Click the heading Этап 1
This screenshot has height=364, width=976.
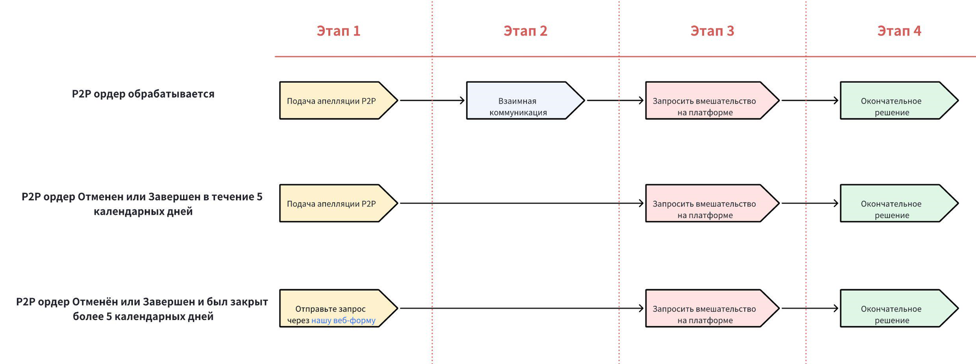click(x=338, y=31)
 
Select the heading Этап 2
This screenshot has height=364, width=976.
click(x=525, y=31)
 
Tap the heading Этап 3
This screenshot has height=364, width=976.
click(x=712, y=31)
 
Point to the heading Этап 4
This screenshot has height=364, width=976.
click(x=899, y=31)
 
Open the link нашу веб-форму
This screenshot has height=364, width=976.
click(x=343, y=321)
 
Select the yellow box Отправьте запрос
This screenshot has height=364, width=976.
click(x=335, y=309)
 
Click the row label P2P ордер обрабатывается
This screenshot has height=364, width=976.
click(x=143, y=94)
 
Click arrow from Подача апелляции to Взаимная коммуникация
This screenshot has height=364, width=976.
click(x=432, y=100)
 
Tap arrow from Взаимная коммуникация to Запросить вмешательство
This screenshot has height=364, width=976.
click(x=615, y=100)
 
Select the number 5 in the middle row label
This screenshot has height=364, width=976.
click(x=259, y=197)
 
